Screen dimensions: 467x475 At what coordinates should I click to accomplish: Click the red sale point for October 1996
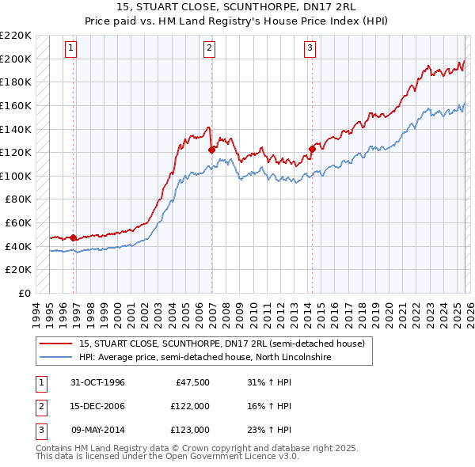pyautogui.click(x=74, y=237)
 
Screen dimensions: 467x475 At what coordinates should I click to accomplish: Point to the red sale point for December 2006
pyautogui.click(x=211, y=150)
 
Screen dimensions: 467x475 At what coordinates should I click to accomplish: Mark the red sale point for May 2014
pyautogui.click(x=313, y=148)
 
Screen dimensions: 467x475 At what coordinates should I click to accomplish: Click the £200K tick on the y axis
pyautogui.click(x=16, y=59)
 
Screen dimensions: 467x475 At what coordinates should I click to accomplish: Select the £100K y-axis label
pyautogui.click(x=16, y=176)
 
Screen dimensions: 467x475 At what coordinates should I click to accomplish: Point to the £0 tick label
pyautogui.click(x=25, y=293)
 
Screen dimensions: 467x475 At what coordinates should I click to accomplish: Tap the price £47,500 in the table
pyautogui.click(x=189, y=383)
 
